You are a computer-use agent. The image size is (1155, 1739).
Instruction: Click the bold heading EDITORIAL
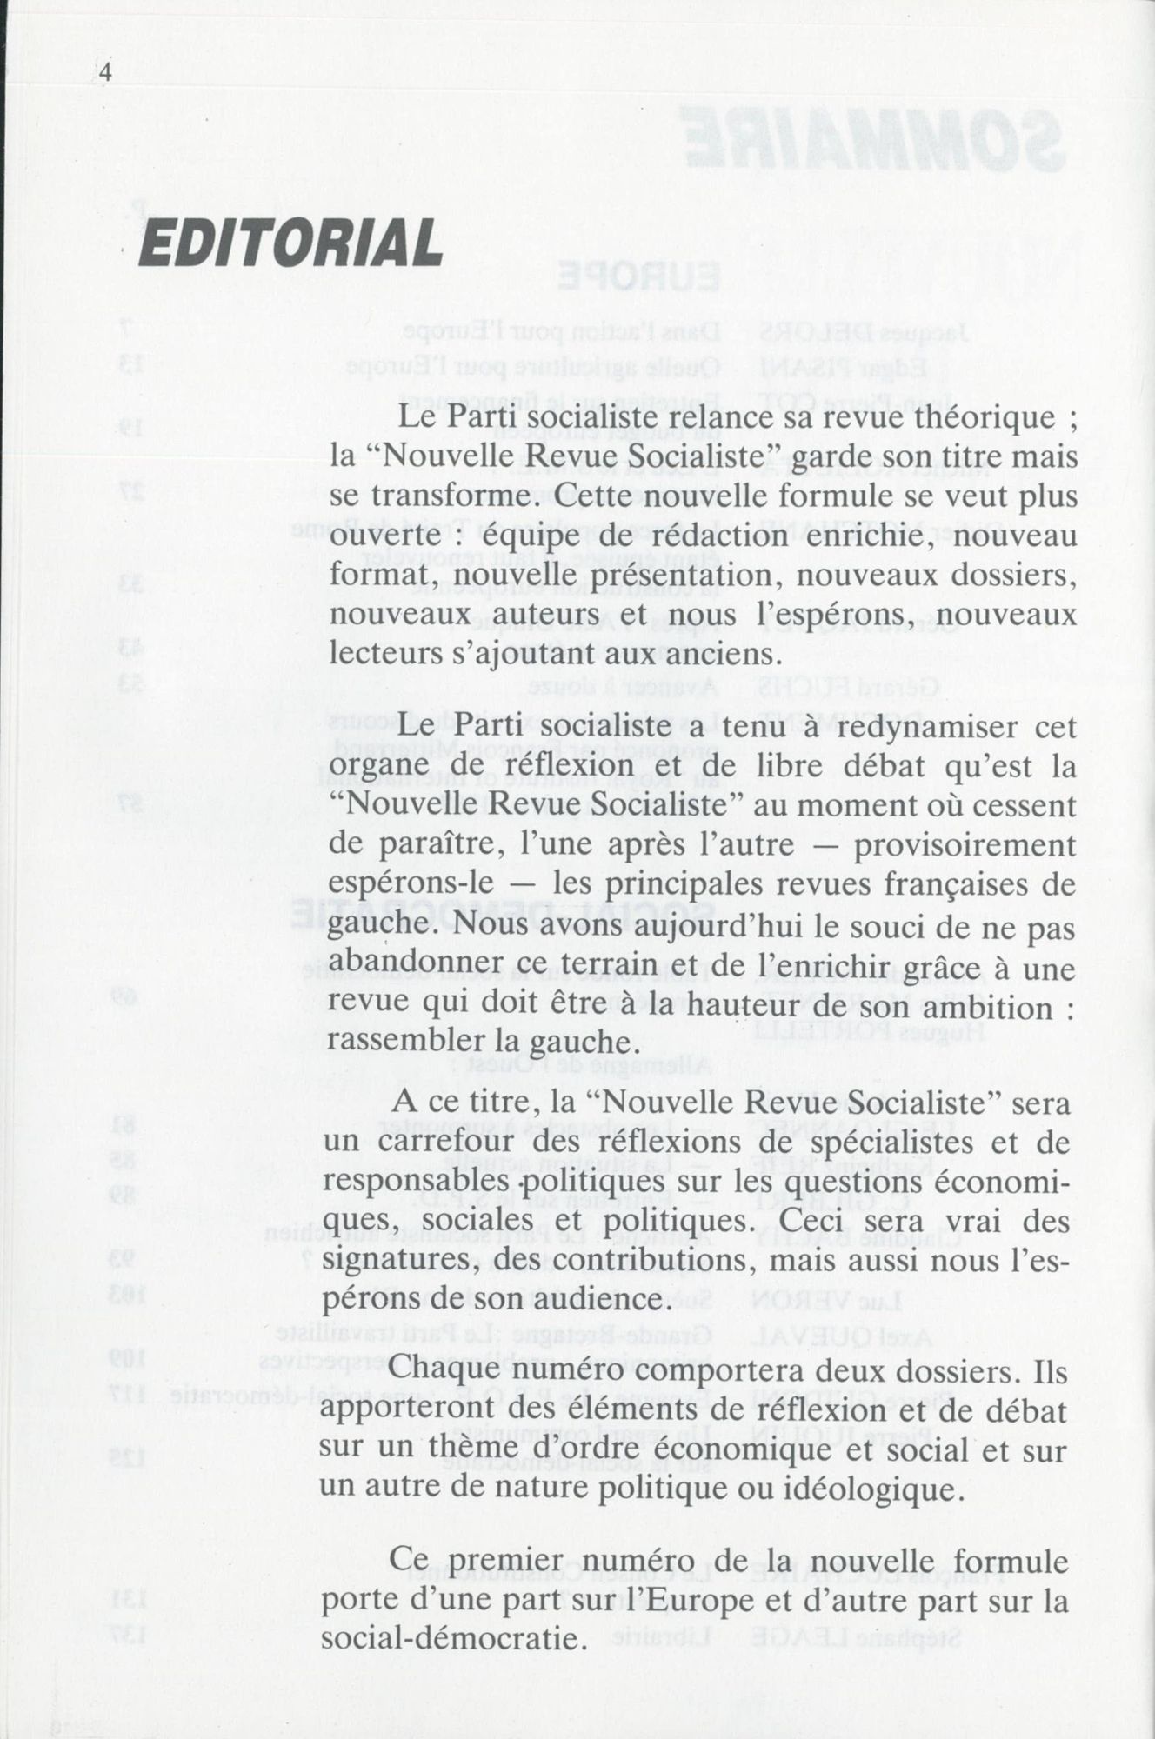point(290,243)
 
